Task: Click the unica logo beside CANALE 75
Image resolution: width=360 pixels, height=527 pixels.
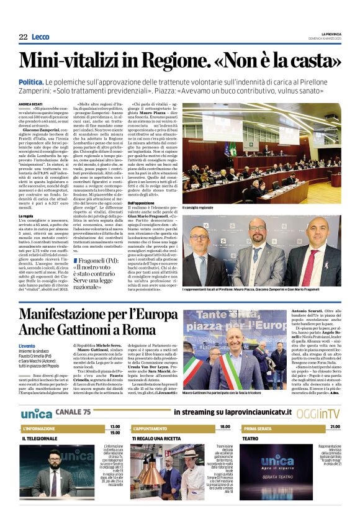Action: coord(36,413)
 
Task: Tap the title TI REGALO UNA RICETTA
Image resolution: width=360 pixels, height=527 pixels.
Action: coord(161,438)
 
